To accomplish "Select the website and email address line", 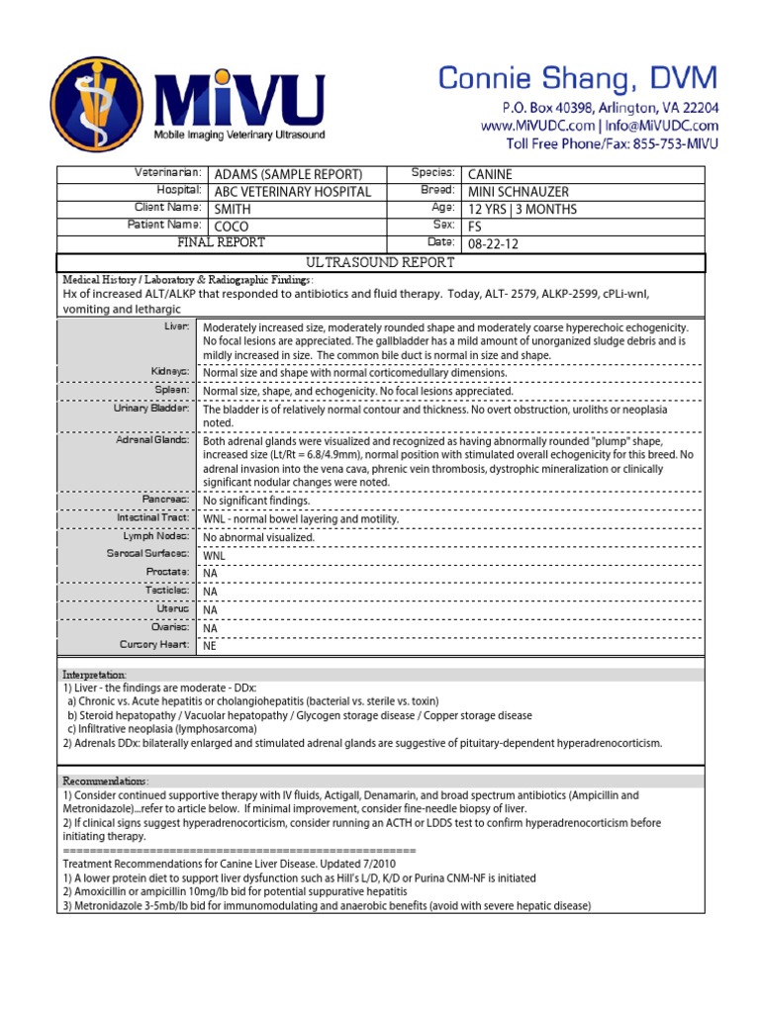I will (x=600, y=126).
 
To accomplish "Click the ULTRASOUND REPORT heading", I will (x=380, y=262).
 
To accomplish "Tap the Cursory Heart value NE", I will (x=209, y=645).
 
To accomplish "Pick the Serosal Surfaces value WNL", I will (x=214, y=556).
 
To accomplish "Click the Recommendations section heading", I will (x=106, y=781).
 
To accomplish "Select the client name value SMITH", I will (x=227, y=210).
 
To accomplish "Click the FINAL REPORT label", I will (x=221, y=242).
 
